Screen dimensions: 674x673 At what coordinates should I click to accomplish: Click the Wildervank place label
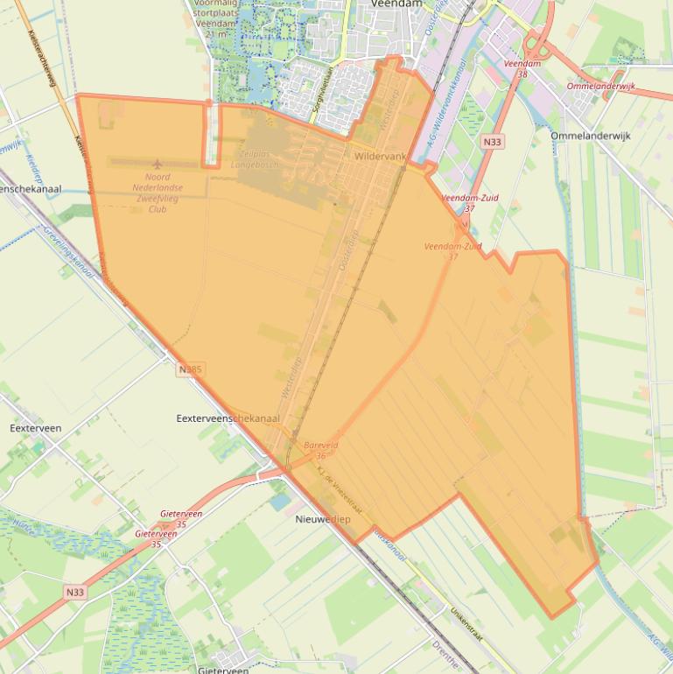381,156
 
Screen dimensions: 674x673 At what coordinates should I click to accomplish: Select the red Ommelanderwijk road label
601,88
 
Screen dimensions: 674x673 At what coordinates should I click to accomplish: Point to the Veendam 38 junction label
522,69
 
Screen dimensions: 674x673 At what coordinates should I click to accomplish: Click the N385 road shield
189,369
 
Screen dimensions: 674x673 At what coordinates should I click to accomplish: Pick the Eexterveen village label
35,428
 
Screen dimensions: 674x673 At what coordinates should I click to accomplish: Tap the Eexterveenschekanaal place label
228,418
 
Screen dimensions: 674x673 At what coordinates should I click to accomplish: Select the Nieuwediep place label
318,518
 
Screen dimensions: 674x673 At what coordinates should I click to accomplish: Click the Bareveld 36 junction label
320,450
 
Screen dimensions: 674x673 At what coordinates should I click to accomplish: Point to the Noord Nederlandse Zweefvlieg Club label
158,193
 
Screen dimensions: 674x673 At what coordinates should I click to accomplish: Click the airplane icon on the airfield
158,165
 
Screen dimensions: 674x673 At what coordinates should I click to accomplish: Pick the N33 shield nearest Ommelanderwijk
493,141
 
